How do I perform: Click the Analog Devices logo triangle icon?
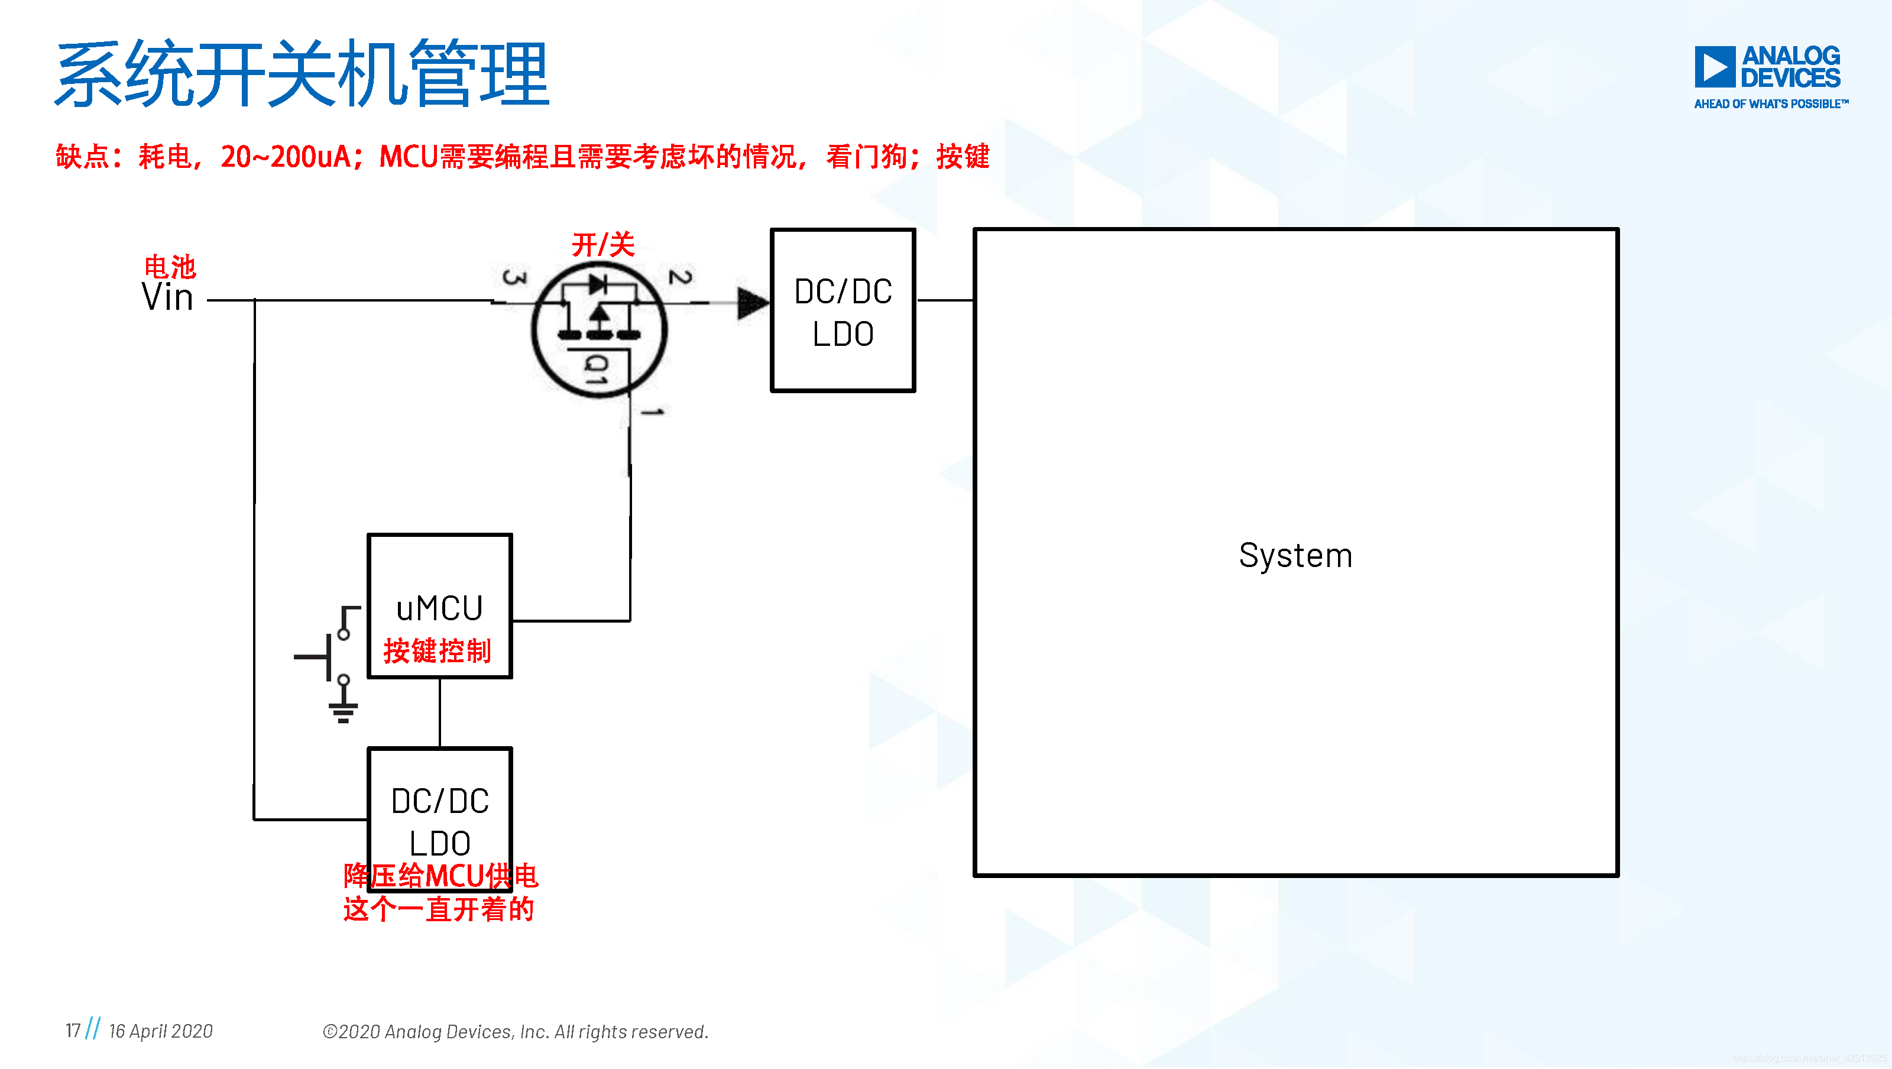click(1714, 67)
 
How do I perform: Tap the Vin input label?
click(167, 297)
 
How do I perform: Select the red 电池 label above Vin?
click(170, 266)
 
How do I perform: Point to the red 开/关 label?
click(603, 245)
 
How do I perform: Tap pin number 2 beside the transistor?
click(680, 276)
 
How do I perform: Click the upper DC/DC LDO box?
click(843, 311)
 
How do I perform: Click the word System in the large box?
click(1295, 555)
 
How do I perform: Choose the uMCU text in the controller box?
click(439, 608)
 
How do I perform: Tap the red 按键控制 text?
click(437, 651)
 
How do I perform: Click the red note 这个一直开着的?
click(439, 909)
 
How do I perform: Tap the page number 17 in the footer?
click(73, 1031)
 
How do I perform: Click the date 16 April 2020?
click(161, 1031)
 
